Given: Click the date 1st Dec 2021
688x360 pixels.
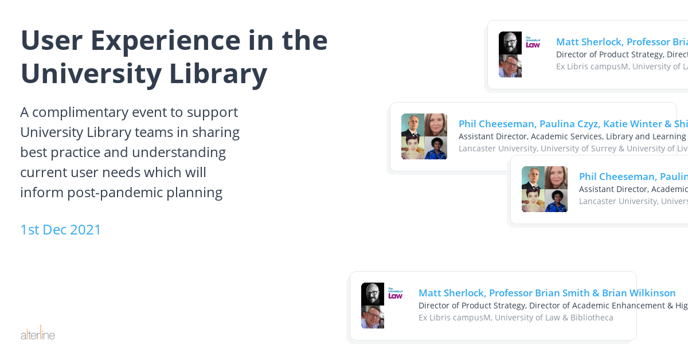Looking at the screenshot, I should tap(61, 230).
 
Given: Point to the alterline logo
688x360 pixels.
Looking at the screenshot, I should tap(38, 334).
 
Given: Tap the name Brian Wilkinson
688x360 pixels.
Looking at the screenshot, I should tap(639, 293).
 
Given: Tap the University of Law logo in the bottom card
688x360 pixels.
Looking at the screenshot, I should tap(396, 294).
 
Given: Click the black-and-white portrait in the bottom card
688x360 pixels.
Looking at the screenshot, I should tap(373, 294).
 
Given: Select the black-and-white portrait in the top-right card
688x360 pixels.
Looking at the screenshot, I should tap(510, 43).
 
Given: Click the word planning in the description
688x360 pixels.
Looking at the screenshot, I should tap(196, 193).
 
